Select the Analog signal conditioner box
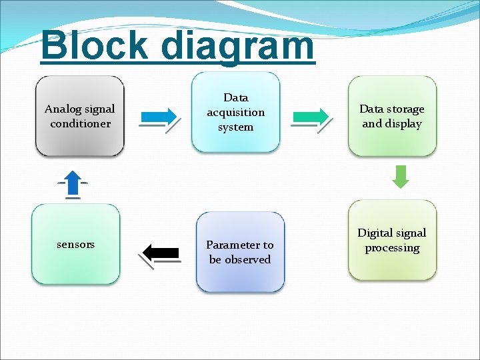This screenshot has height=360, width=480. [x=80, y=117]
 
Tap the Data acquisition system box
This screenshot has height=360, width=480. [x=235, y=112]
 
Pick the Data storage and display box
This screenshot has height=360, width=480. [x=392, y=117]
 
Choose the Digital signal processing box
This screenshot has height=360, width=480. [x=392, y=241]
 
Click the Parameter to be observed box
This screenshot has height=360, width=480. [x=240, y=252]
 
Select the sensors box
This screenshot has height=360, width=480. [x=75, y=245]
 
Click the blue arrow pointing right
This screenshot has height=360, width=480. [x=159, y=116]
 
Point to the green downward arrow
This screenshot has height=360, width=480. [x=401, y=176]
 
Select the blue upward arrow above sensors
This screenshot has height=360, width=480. [x=73, y=183]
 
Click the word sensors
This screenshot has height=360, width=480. [x=75, y=245]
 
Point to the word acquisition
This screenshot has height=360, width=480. [x=235, y=113]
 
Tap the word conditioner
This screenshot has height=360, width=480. [x=80, y=124]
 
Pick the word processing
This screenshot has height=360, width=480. [x=392, y=248]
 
